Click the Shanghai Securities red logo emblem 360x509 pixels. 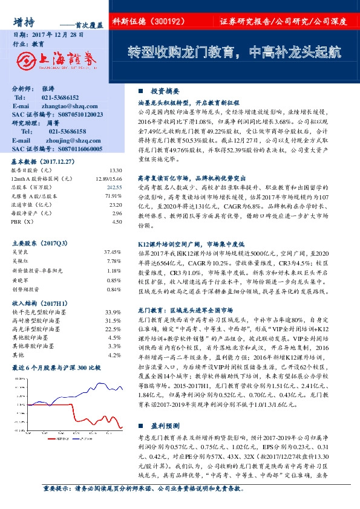25,59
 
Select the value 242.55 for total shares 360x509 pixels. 116,188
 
